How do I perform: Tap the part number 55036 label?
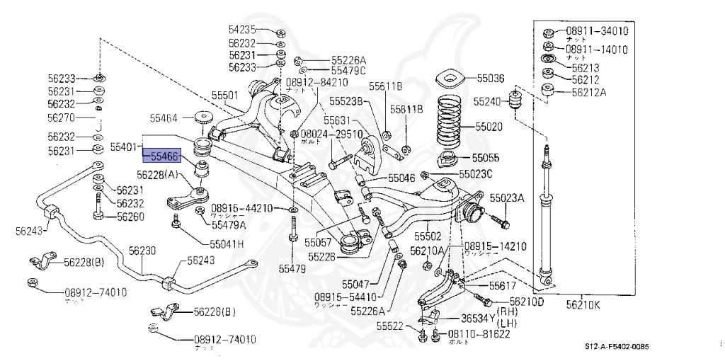click(490, 79)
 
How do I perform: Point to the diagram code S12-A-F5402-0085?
click(616, 346)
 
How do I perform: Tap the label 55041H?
click(226, 243)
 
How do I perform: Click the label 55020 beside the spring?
click(490, 127)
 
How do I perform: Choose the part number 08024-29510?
click(331, 134)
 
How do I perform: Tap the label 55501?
click(225, 95)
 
